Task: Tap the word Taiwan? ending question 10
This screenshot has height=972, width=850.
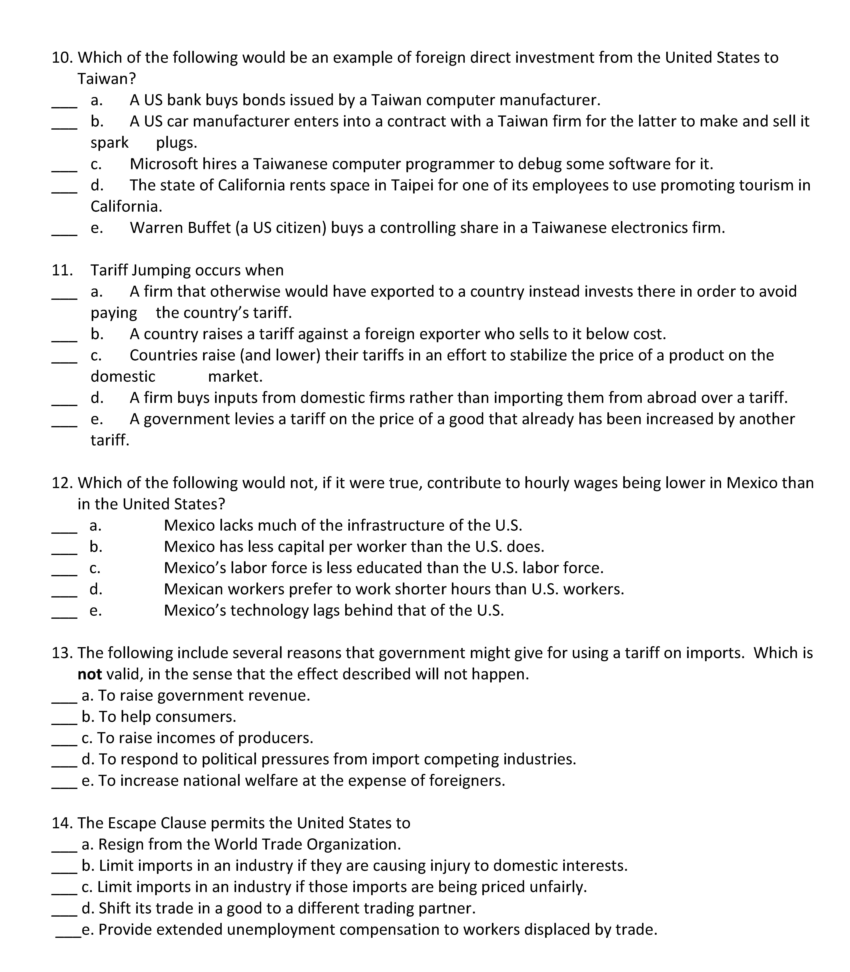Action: (x=107, y=79)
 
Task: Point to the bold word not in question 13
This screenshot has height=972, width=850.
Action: (x=90, y=674)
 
